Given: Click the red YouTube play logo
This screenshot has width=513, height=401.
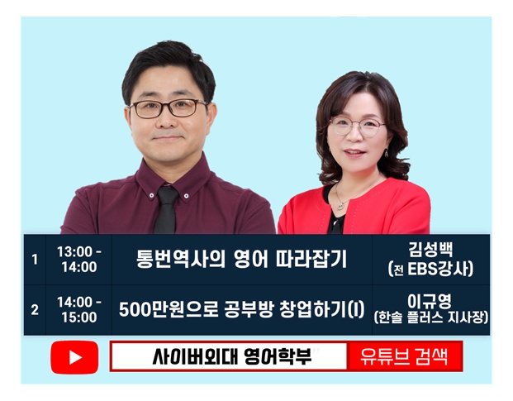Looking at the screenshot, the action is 74,357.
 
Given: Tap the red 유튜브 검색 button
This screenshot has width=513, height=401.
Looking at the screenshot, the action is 405,356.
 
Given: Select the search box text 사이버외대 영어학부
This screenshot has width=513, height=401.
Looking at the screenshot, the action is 232,356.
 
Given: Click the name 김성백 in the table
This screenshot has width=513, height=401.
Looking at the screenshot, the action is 430,250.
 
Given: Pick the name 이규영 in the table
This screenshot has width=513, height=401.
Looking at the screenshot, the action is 430,301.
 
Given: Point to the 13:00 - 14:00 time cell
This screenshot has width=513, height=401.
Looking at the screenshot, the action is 79,260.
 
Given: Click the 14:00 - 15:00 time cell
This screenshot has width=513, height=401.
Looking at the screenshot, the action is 79,310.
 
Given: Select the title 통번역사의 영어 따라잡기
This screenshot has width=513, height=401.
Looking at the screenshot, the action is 241,259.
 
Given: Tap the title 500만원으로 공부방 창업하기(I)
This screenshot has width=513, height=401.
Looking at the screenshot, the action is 241,309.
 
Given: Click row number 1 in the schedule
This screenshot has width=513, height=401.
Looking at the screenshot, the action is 35,260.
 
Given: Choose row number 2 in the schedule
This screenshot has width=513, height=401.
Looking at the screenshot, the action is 35,310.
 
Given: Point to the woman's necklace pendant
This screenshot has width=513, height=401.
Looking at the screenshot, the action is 341,206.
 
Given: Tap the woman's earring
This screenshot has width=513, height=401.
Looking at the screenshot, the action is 387,153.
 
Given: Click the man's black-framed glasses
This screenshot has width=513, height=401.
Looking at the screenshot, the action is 169,108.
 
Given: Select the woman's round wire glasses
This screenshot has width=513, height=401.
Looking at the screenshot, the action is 357,127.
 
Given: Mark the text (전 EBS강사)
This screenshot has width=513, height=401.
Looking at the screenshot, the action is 430,270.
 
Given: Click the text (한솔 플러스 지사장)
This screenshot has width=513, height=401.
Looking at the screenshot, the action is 430,317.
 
